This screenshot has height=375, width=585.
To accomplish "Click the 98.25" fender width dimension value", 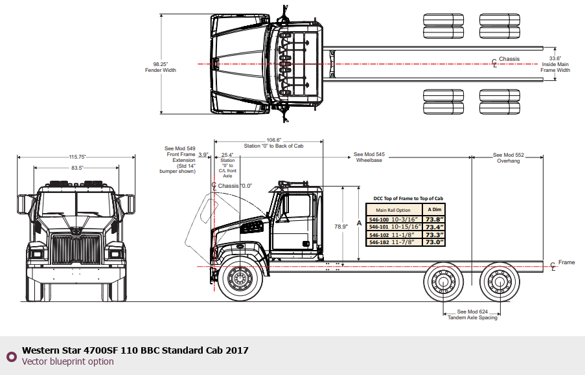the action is coord(161,64).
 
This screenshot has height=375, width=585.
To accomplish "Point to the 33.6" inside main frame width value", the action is coord(555,58).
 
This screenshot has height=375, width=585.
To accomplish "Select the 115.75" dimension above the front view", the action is coord(77,157).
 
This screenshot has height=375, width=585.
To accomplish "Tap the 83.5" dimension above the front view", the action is coord(77,168).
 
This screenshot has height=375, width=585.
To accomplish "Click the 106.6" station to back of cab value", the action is coord(273,140).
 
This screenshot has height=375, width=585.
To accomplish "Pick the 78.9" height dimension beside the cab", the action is coord(341,227).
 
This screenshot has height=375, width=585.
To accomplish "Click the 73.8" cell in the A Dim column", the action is coord(435,220).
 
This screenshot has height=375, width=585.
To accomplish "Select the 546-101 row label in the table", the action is coord(379,227).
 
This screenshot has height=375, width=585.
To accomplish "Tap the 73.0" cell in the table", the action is coord(435,242).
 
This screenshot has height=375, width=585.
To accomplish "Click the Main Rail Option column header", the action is coord(393,210).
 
